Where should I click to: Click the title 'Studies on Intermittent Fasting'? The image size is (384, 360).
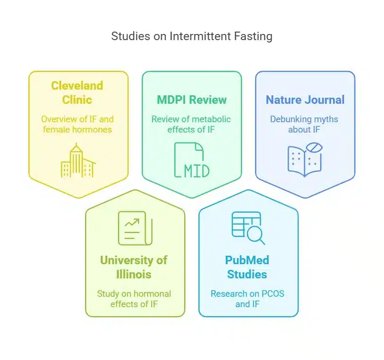[x=192, y=36]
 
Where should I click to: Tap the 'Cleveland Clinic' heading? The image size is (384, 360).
[x=78, y=92]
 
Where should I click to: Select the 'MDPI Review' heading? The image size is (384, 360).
[x=192, y=100]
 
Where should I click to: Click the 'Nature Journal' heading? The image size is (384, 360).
[x=305, y=100]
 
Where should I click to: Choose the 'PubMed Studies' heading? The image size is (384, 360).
[x=247, y=267]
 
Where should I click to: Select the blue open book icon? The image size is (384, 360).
[x=305, y=160]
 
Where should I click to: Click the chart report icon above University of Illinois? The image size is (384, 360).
[x=134, y=228]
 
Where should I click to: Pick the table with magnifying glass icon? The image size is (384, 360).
[x=247, y=228]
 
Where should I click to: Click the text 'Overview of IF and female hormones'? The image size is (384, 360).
[x=78, y=125]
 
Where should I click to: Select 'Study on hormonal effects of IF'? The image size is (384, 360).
[x=134, y=299]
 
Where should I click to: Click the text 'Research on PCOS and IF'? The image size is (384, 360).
[x=247, y=299]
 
